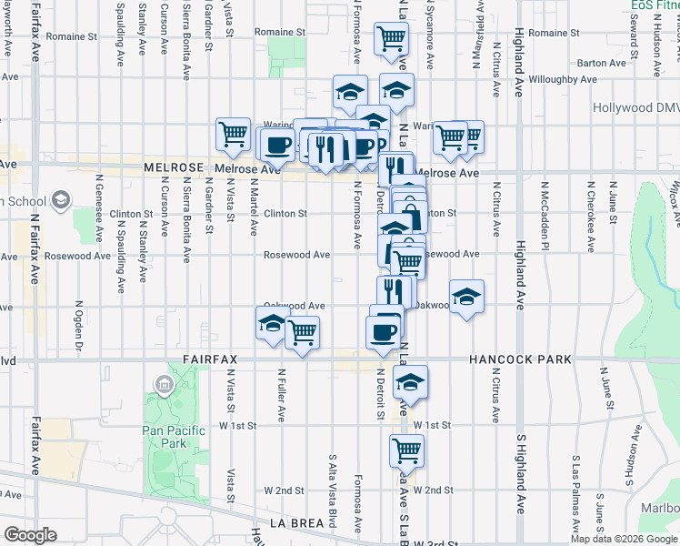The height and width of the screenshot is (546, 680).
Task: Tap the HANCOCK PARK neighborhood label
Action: [x=520, y=359]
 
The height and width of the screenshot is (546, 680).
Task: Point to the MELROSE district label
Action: [x=175, y=169]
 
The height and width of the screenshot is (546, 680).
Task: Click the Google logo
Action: [x=30, y=535]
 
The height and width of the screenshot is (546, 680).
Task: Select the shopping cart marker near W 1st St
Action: [x=406, y=449]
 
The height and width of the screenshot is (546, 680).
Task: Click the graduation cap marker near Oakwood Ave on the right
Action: [x=466, y=297]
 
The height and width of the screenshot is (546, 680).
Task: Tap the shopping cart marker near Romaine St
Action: [x=391, y=39]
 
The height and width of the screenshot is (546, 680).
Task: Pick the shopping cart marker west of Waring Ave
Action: [x=233, y=134]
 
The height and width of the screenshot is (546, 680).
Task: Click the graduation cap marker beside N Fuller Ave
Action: [x=273, y=322]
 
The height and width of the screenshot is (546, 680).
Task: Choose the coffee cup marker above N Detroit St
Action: [x=383, y=331]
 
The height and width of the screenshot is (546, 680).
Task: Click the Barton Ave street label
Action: [x=602, y=63]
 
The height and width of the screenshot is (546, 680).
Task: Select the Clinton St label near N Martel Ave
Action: [x=286, y=214]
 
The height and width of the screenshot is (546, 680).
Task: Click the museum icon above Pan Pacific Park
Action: [x=164, y=386]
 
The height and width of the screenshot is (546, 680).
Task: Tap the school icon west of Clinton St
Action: [x=61, y=199]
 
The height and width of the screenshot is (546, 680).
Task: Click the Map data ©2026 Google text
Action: [x=624, y=539]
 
